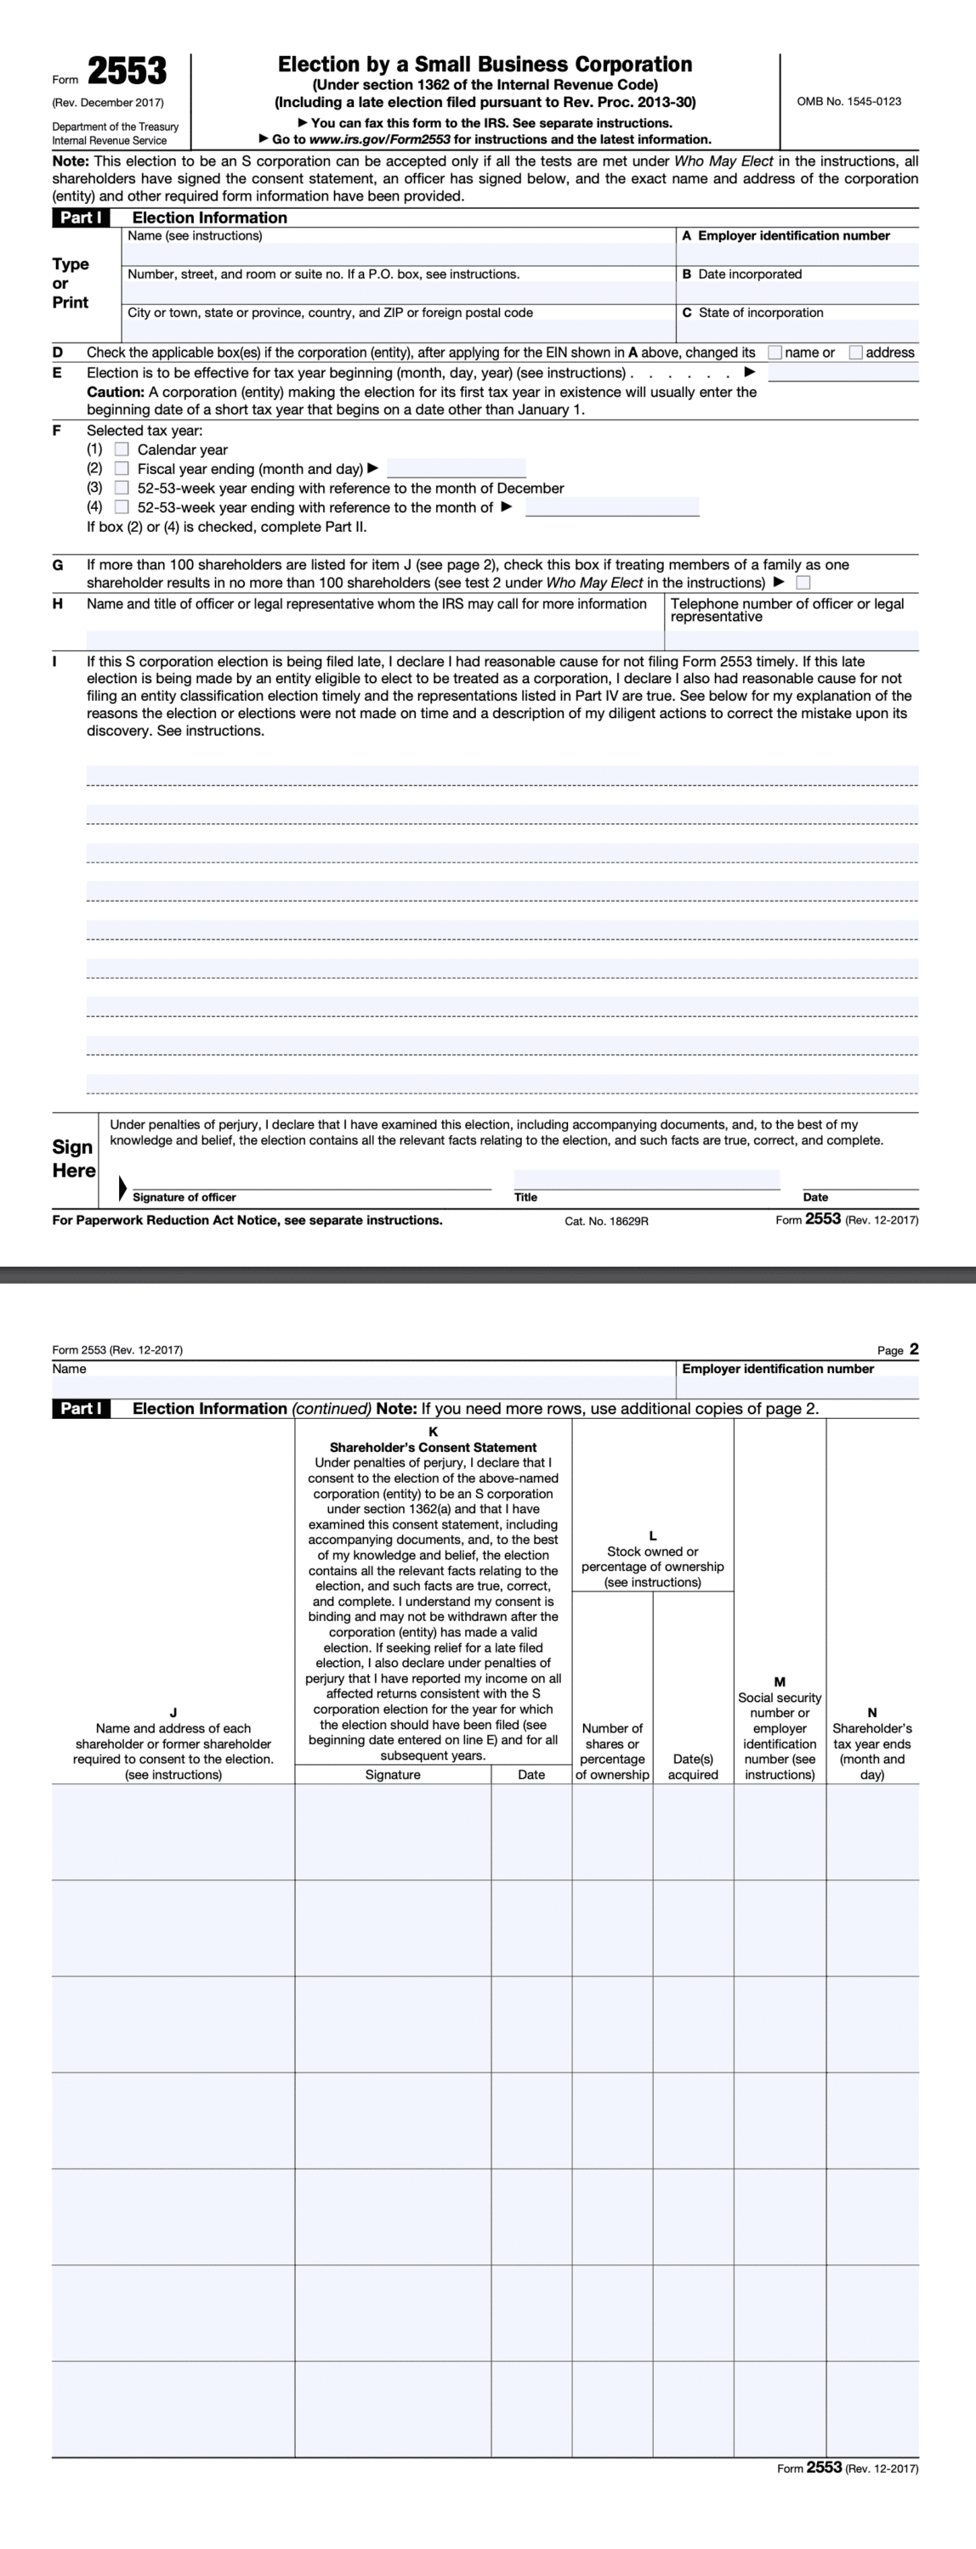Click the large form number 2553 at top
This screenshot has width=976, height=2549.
pos(127,72)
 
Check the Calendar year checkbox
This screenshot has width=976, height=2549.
pos(122,449)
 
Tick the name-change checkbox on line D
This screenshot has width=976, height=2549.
pos(775,353)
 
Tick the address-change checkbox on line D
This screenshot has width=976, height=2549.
pos(856,353)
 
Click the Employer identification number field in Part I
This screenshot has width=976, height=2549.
pos(797,254)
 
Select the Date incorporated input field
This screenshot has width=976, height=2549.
pos(797,293)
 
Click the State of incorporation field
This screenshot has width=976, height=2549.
pos(797,331)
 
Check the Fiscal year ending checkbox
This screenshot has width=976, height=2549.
pos(122,469)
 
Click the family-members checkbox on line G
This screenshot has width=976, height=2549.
pos(803,583)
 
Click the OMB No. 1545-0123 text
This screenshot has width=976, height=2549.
pos(848,101)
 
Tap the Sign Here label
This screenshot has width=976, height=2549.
pos(74,1159)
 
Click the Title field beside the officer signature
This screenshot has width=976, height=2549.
pos(645,1179)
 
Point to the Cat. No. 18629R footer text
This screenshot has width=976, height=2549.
pos(606,1221)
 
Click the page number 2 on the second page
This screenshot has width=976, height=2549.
pos(914,1348)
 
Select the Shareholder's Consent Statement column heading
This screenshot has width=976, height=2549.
pos(433,1447)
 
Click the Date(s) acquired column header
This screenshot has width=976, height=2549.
pos(693,1766)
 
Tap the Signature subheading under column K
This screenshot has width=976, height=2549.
pos(392,1774)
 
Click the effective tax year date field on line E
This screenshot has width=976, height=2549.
pos(843,373)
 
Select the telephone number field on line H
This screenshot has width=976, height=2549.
pos(792,640)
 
